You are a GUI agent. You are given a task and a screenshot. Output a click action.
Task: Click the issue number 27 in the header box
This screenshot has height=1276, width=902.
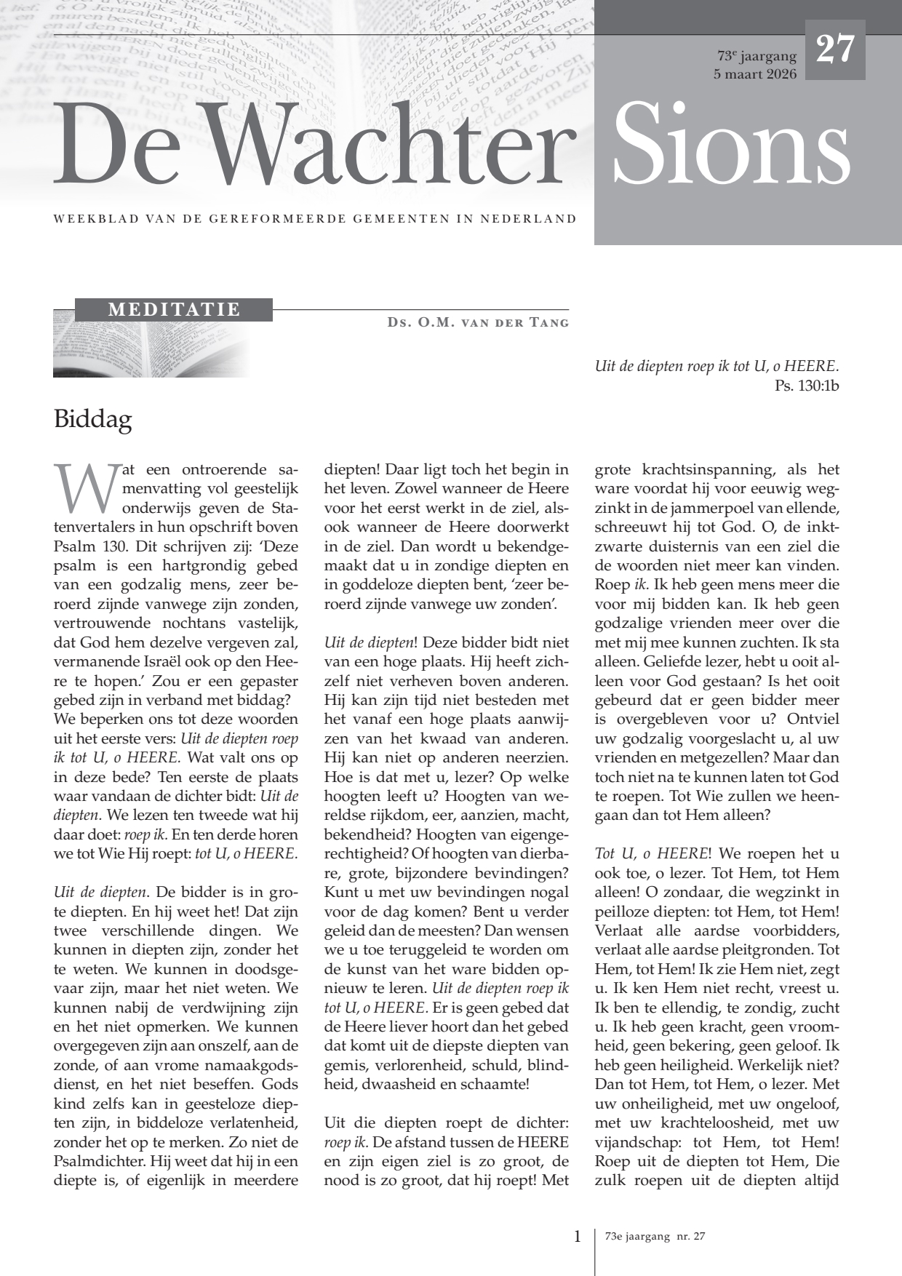(x=835, y=50)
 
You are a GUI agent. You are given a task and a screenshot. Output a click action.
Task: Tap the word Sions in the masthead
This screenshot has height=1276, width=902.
(x=732, y=145)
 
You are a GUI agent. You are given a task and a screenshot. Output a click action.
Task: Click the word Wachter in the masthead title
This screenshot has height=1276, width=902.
(x=386, y=145)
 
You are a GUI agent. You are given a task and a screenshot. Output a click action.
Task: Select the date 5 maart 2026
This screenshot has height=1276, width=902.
(x=755, y=74)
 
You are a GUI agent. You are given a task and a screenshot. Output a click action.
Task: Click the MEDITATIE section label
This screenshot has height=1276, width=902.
(x=174, y=310)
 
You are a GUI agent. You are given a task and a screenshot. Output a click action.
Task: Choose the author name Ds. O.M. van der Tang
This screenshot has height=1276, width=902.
(x=478, y=322)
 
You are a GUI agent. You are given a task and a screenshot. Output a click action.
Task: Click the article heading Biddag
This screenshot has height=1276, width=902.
(x=92, y=420)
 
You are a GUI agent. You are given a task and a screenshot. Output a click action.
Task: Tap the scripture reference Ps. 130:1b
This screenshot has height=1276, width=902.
(x=807, y=386)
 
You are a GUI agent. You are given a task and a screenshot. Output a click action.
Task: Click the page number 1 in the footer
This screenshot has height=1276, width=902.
(x=578, y=1236)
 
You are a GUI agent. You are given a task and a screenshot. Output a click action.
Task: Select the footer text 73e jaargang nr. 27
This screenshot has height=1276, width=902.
(x=655, y=1237)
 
